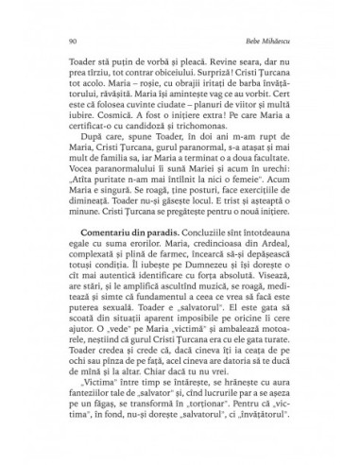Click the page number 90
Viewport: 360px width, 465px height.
coord(60,43)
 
